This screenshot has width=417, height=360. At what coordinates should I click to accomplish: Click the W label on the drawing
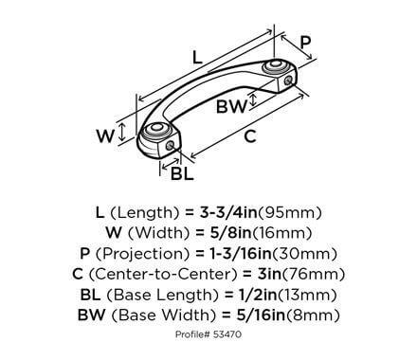pyautogui.click(x=105, y=135)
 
